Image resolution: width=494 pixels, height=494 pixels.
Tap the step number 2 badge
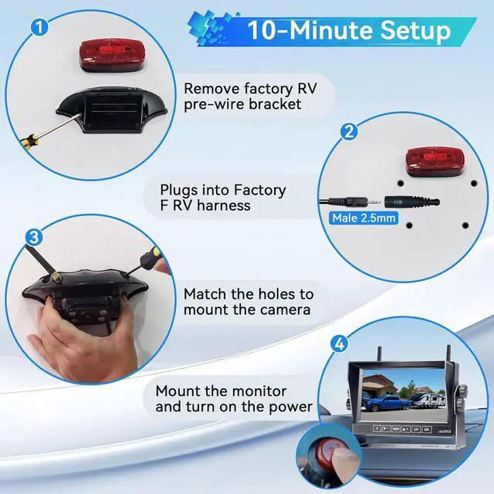350,130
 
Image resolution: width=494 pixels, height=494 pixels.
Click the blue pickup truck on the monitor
392,402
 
